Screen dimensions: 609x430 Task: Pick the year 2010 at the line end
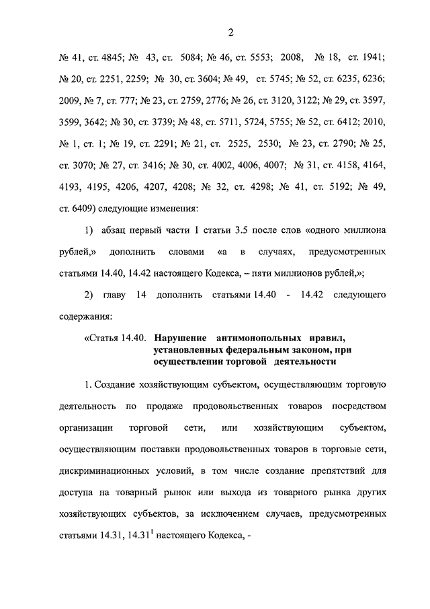click(x=374, y=122)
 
